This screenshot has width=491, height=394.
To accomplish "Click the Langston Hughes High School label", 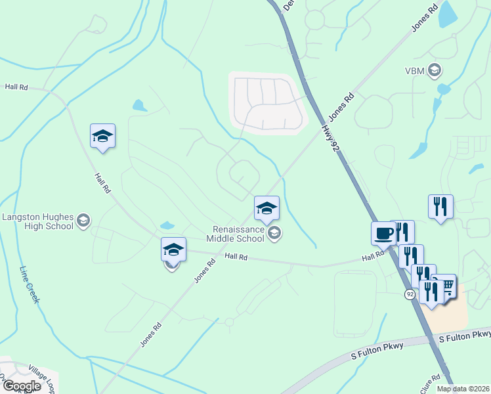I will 37,221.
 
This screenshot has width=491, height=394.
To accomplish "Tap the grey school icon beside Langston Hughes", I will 83,221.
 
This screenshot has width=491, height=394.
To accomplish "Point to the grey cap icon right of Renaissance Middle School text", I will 274,233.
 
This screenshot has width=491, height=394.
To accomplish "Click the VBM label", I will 414,70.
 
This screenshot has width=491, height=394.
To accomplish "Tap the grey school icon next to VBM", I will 434,70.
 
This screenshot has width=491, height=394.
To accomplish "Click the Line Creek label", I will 30,284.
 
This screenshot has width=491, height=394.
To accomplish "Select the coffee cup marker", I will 383,232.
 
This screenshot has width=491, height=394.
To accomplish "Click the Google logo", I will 21,385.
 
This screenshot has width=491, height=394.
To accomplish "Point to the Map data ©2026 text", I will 463,389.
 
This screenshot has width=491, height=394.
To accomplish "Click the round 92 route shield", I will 410,294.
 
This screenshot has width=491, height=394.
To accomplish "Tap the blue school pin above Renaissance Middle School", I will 267,208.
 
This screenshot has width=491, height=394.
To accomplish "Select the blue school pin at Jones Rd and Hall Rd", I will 173,250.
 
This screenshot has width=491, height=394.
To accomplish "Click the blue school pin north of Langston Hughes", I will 102,136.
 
